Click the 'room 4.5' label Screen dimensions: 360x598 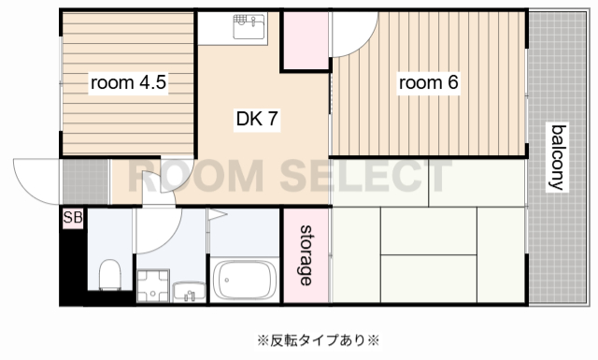128,83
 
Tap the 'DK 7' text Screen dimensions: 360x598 257,119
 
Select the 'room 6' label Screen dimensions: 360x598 429,83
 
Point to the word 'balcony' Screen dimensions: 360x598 558,156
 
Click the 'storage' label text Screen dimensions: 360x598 306,255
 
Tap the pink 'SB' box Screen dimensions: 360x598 72,219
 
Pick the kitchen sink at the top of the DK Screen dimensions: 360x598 248,27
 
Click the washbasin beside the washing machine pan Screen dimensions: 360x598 188,291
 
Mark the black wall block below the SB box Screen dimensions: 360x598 70,266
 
